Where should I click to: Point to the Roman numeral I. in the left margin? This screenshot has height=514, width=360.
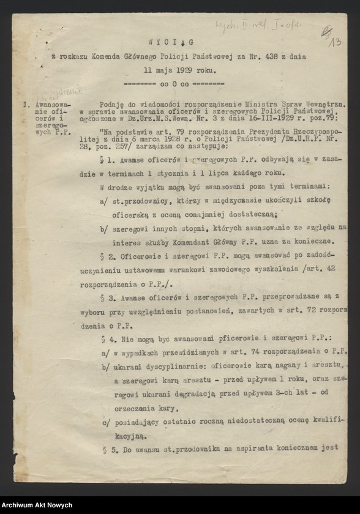[x=26, y=105]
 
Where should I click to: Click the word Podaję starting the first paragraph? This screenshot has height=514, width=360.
[x=112, y=105]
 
